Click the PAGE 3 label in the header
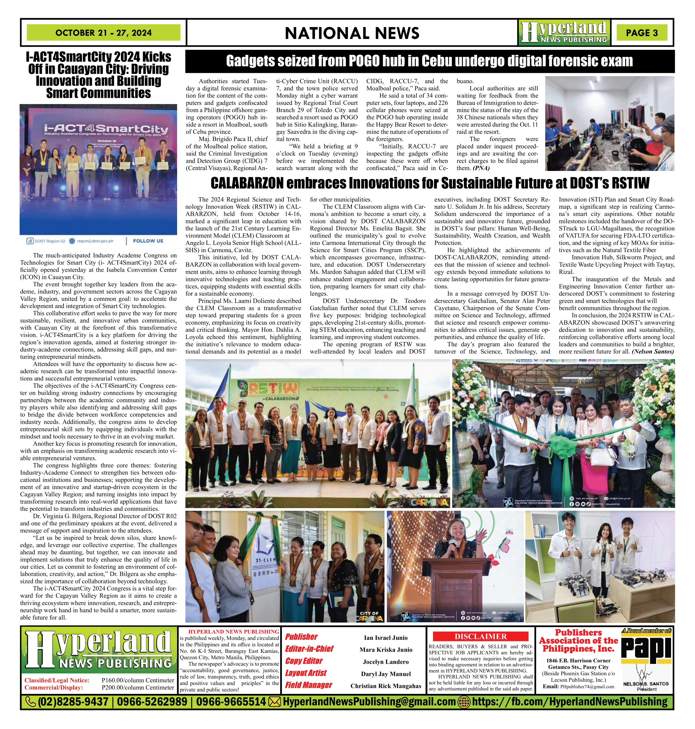pos(642,33)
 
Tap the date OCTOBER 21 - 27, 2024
pos(103,33)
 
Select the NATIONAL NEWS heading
pos(352,33)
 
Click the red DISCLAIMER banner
pos(480,636)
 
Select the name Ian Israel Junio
pos(386,637)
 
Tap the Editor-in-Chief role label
pos(309,648)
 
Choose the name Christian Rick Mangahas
pos(386,686)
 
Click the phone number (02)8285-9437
pos(73,702)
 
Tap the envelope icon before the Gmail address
pos(274,702)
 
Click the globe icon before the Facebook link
pos(464,702)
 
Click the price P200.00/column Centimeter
pos(138,687)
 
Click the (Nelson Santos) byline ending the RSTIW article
pos(653,351)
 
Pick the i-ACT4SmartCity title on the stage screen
pos(106,129)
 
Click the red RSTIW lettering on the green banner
pos(275,389)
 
